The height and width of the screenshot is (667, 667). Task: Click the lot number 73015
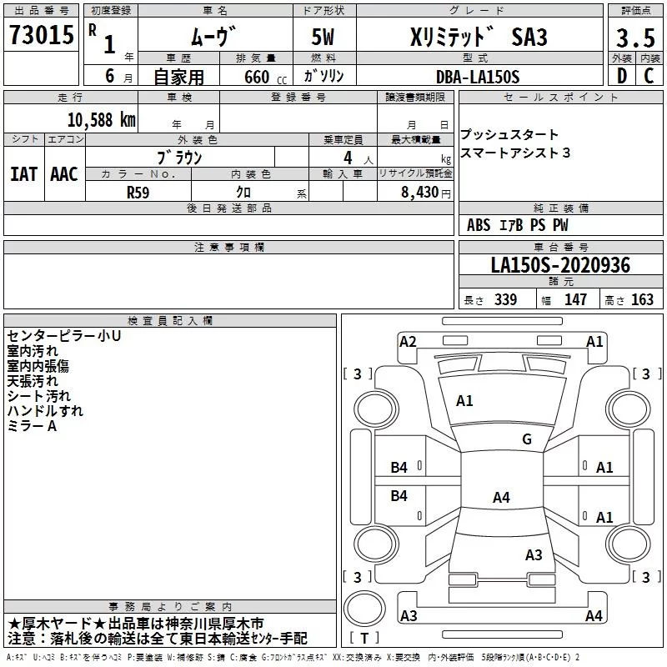point(42,36)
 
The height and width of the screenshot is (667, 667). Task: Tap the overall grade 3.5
point(633,38)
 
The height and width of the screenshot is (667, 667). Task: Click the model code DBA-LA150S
point(477,77)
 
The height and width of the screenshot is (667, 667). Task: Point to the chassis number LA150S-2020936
point(559,266)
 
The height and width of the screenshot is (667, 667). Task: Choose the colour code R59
point(138,191)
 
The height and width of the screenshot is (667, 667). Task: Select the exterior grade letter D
point(620,76)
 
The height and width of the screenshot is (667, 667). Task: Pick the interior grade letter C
point(649,76)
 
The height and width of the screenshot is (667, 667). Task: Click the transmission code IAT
point(24,173)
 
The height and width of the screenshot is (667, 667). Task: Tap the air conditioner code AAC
point(64,173)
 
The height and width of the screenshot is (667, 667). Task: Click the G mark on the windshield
point(527,439)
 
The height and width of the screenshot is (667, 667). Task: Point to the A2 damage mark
point(408,341)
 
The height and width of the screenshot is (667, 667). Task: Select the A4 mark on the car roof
point(501,498)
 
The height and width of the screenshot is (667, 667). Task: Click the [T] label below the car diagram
point(364,638)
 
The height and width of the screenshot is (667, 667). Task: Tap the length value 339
point(504,300)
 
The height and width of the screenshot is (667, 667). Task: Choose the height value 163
point(643,300)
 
